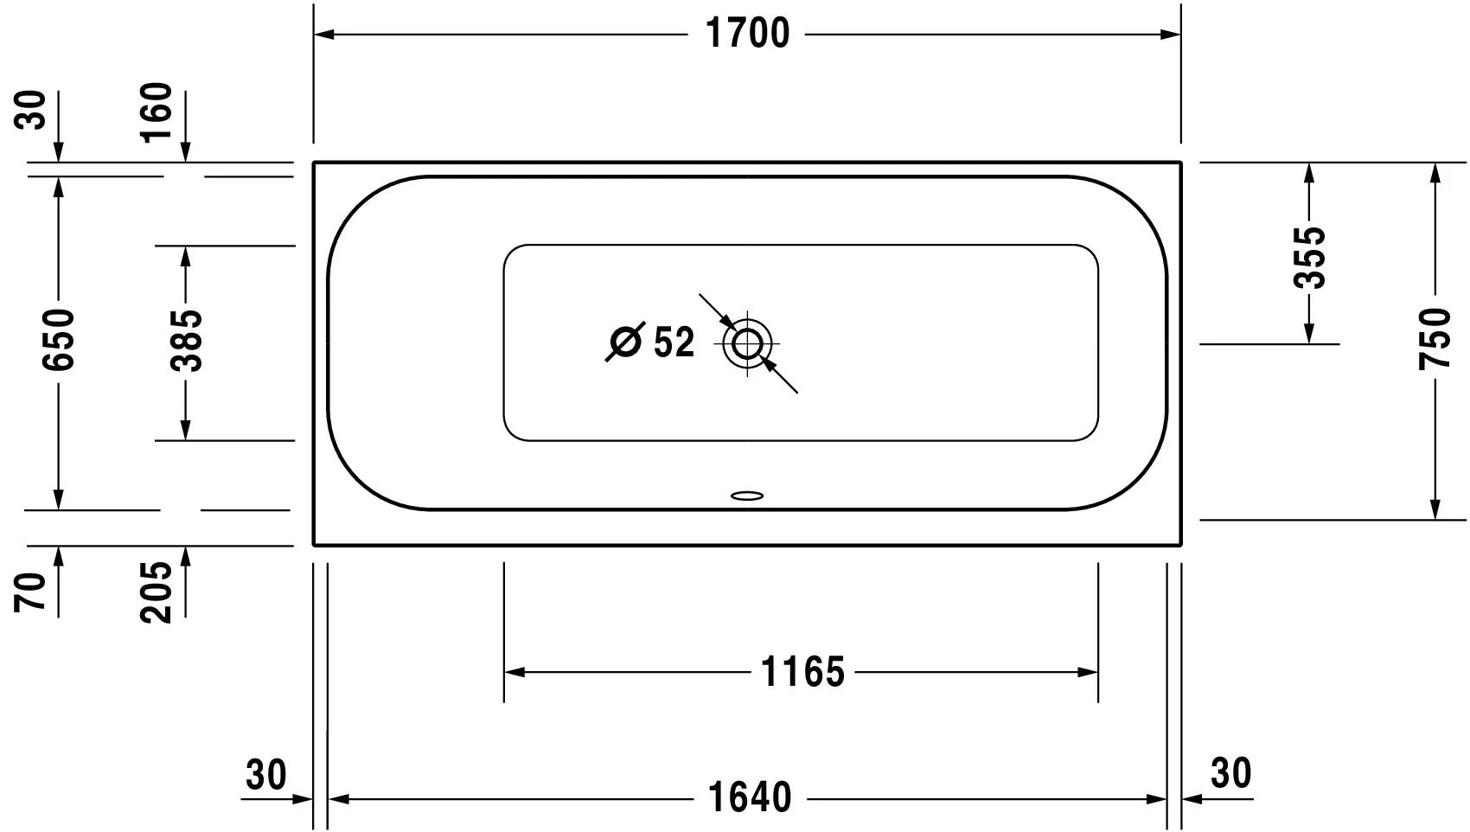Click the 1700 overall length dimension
pyautogui.click(x=748, y=34)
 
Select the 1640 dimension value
pyautogui.click(x=750, y=797)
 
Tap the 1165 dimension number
pyautogui.click(x=802, y=672)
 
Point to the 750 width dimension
pyautogui.click(x=1435, y=339)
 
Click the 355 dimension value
pyautogui.click(x=1309, y=258)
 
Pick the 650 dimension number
pyautogui.click(x=59, y=339)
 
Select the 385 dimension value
pyautogui.click(x=185, y=341)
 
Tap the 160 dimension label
pyautogui.click(x=157, y=113)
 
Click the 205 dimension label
pyautogui.click(x=157, y=592)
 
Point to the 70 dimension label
pyautogui.click(x=31, y=592)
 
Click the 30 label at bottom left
pyautogui.click(x=265, y=775)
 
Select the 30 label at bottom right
pyautogui.click(x=1230, y=773)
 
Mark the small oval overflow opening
pyautogui.click(x=747, y=496)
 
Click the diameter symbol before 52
pyautogui.click(x=625, y=342)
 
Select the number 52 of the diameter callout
pyautogui.click(x=674, y=342)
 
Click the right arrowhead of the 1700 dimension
pyautogui.click(x=1171, y=35)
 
